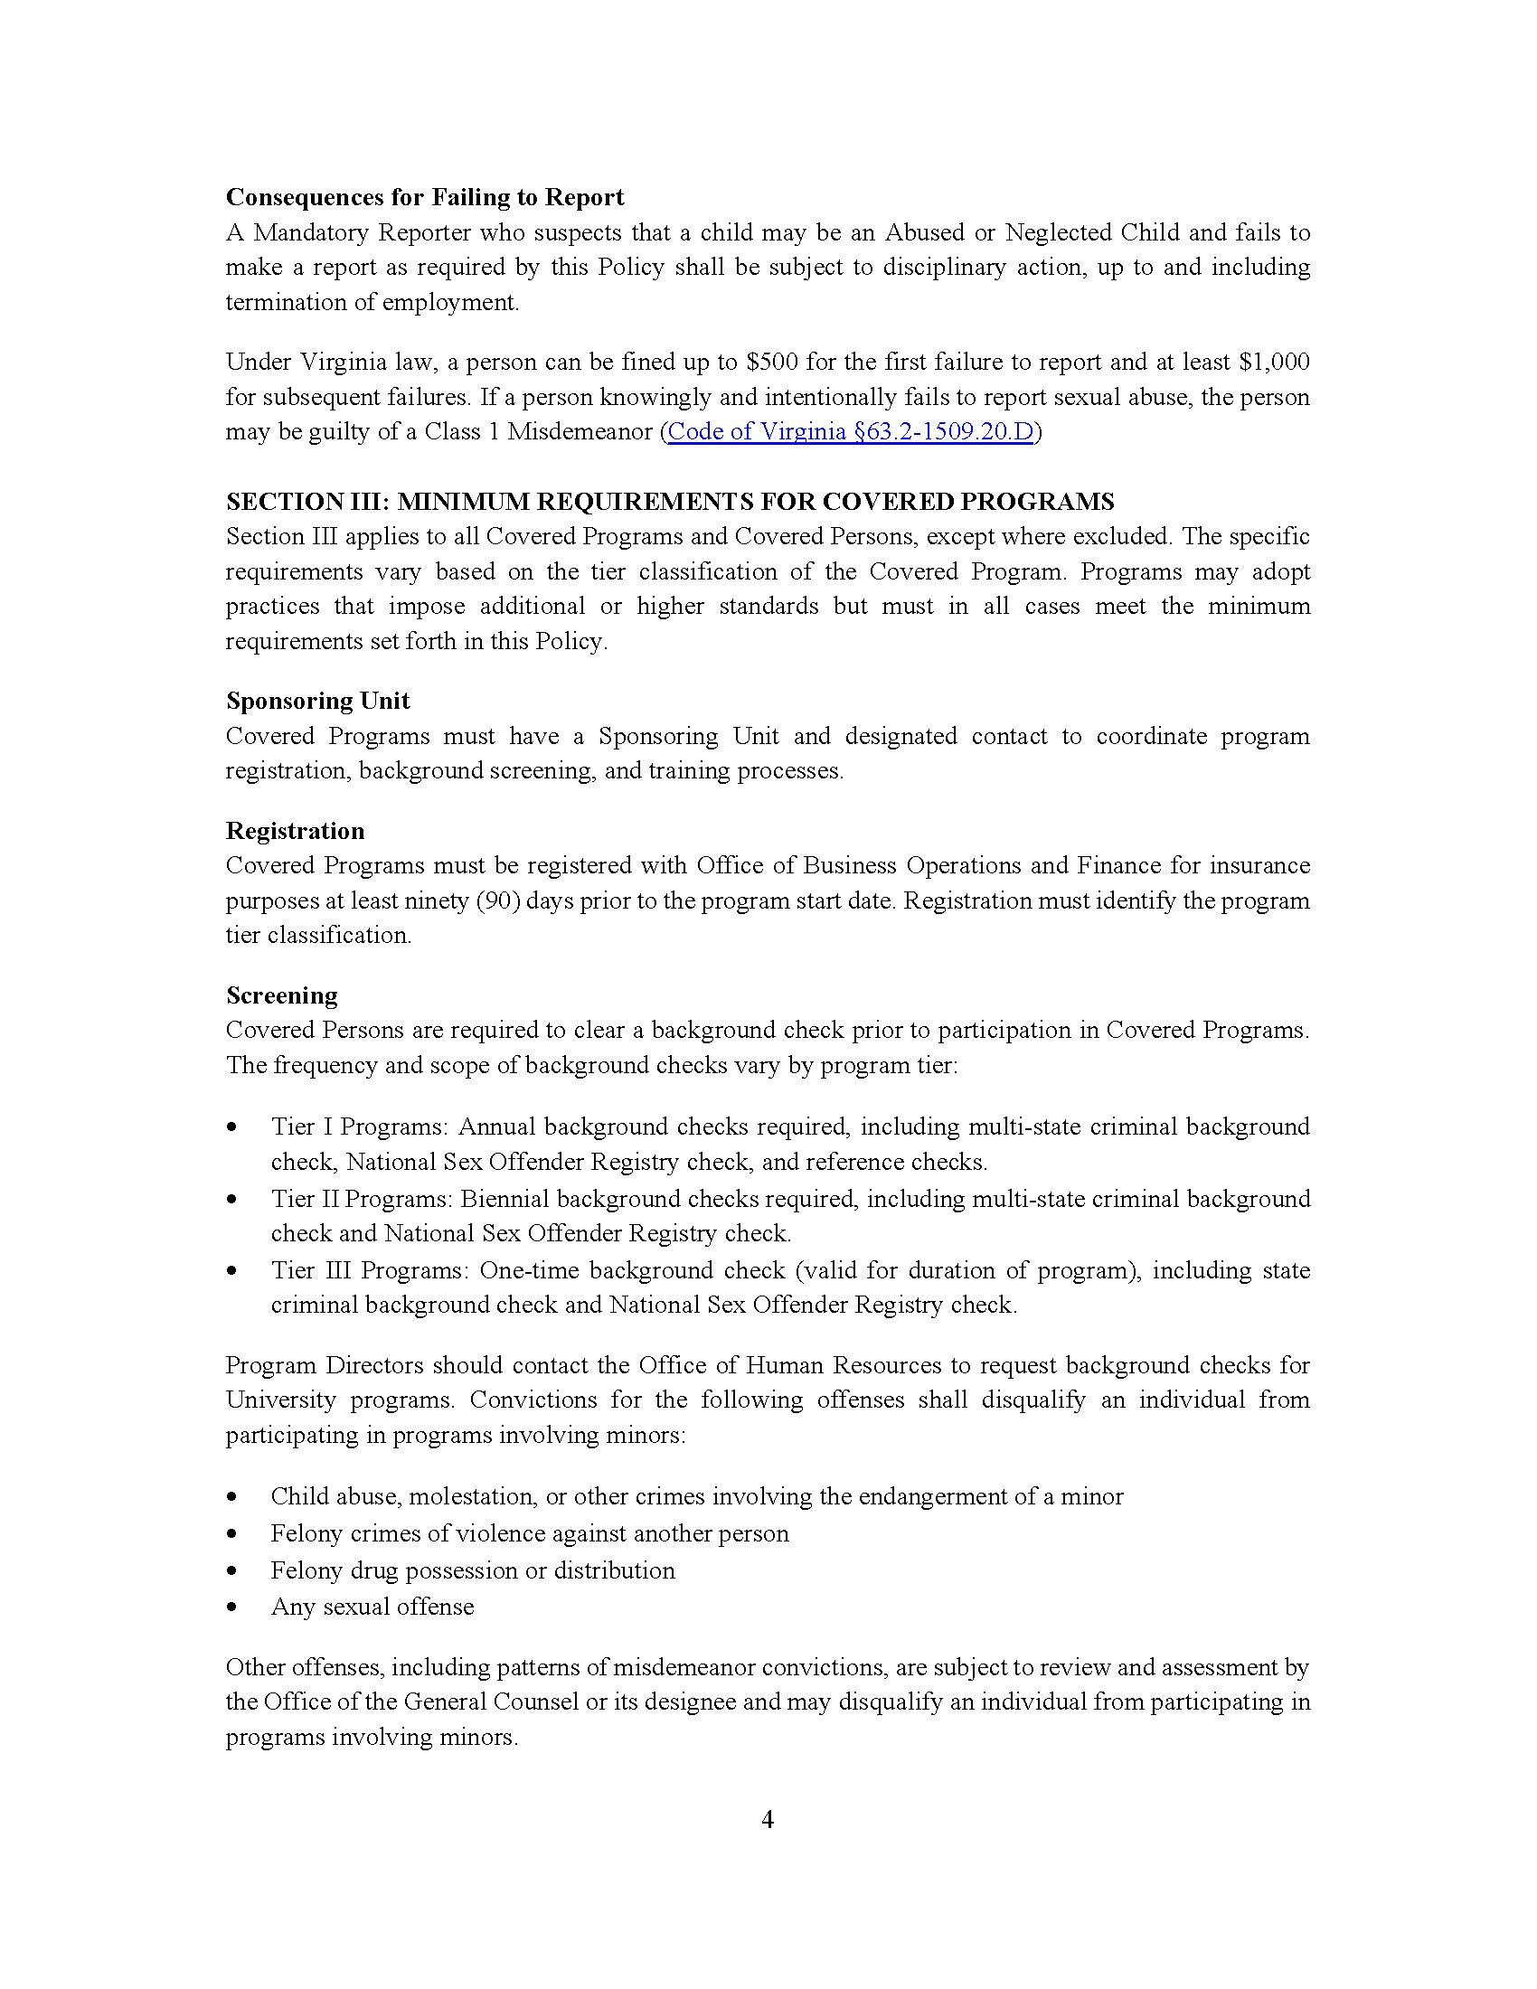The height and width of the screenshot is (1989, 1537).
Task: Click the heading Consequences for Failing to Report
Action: click(x=424, y=198)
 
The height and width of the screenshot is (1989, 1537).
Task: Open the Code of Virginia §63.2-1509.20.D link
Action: click(x=851, y=431)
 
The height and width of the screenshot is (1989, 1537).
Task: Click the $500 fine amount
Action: click(x=772, y=363)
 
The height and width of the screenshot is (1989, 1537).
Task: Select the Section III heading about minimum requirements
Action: click(x=669, y=502)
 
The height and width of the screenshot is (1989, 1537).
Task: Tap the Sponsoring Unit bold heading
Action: click(x=317, y=701)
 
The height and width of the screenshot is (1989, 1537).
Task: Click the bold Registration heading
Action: click(x=295, y=831)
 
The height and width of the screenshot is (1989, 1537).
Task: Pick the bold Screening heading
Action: click(x=281, y=995)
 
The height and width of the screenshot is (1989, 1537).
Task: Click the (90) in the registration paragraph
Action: click(x=498, y=900)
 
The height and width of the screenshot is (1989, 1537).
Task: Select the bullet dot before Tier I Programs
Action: click(x=232, y=1127)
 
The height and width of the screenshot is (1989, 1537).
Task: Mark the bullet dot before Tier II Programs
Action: click(x=232, y=1200)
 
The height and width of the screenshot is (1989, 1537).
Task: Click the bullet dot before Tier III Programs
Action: click(x=232, y=1271)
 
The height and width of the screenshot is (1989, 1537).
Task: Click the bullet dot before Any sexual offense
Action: click(x=232, y=1607)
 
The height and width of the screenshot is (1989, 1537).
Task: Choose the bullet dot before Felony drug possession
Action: click(x=232, y=1571)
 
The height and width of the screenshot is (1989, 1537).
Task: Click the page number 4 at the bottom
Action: click(x=768, y=1820)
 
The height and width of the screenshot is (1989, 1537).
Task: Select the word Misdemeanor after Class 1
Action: click(x=580, y=431)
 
